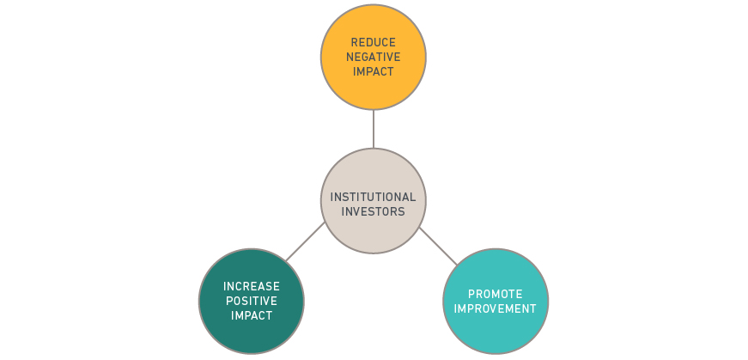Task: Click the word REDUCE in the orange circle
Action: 374,42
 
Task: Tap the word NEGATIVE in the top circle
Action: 374,57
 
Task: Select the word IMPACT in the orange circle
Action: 374,71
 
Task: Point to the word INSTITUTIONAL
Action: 373,197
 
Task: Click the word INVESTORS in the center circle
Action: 373,211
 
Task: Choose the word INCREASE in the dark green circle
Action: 252,286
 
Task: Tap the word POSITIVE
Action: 252,301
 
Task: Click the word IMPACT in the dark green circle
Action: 252,315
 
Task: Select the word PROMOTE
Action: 496,294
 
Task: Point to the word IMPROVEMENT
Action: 496,308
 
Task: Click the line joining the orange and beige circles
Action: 374,129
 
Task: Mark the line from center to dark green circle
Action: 306,241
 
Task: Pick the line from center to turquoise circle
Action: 438,246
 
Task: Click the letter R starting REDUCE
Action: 355,42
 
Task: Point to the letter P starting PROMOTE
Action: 471,294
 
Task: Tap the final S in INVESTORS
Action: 402,211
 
